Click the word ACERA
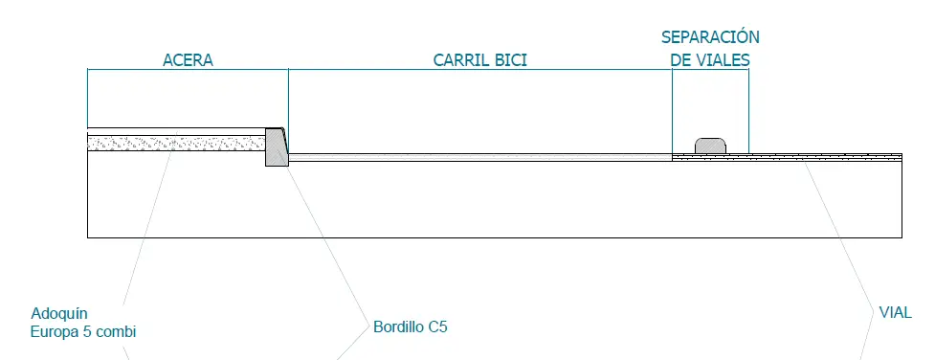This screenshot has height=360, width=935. point(188,60)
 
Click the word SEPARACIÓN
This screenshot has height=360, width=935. point(710,37)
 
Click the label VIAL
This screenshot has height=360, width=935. point(895,312)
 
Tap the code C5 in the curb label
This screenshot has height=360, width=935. point(437,326)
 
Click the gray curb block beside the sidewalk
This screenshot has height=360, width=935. point(277,147)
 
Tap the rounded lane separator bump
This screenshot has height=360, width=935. point(710,145)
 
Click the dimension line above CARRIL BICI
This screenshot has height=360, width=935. point(479,70)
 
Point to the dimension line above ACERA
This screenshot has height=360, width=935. point(188,70)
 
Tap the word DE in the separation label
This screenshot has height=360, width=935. point(680,59)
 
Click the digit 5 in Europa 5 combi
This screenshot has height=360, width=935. point(98,332)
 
